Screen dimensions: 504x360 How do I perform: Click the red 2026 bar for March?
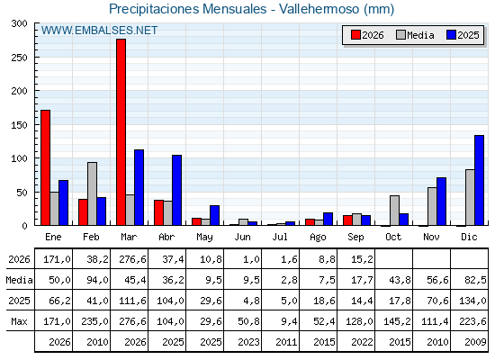[x=121, y=132]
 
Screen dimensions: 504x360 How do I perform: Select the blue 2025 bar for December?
[x=479, y=180]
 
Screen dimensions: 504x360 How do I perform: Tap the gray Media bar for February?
[x=92, y=193]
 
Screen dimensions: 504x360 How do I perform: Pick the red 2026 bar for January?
[x=46, y=167]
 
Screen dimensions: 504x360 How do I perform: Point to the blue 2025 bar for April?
[x=176, y=190]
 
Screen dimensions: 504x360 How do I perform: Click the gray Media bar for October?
[x=395, y=211]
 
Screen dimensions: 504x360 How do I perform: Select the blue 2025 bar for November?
[x=441, y=202]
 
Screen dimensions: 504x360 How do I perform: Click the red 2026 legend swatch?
[x=355, y=35]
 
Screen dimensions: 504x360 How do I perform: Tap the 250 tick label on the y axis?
[x=19, y=58]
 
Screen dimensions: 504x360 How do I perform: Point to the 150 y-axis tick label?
[x=19, y=125]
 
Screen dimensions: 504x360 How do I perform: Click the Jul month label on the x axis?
[x=280, y=238]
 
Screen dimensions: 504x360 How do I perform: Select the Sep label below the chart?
[x=355, y=238]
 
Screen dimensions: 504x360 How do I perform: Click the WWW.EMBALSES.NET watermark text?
[x=99, y=31]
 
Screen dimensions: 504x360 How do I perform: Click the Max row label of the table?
[x=19, y=321]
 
